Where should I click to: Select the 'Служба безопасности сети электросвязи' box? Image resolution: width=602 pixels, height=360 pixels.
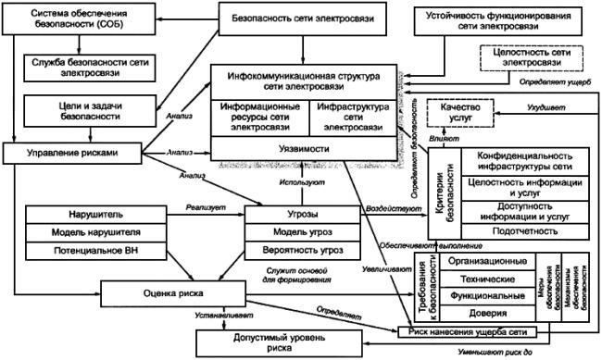point(86,66)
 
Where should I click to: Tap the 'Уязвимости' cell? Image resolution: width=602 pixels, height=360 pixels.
point(305,148)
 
